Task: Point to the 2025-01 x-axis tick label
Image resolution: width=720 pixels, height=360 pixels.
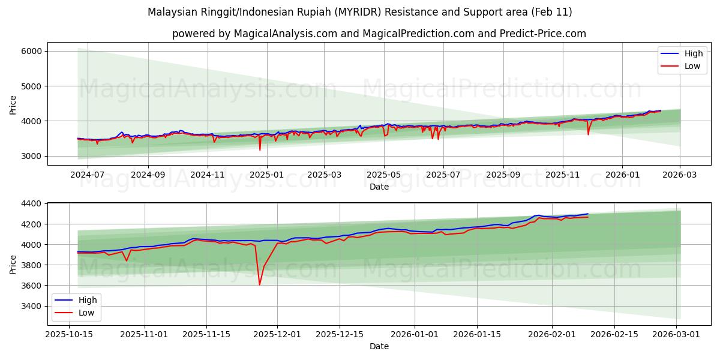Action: (x=266, y=175)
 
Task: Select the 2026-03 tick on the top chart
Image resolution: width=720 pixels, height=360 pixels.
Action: (x=680, y=175)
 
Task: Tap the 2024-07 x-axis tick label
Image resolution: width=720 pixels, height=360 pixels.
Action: (x=88, y=175)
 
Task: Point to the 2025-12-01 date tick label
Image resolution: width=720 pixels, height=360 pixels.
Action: (x=277, y=334)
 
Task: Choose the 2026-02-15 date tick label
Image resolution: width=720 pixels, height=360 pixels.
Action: (x=615, y=334)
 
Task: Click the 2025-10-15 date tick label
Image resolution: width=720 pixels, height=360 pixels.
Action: (x=69, y=334)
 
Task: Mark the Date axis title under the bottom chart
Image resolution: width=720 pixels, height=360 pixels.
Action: (x=379, y=346)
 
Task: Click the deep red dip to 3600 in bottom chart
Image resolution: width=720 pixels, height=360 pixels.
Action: (x=259, y=284)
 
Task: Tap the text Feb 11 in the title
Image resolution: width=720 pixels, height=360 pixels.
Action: (x=553, y=12)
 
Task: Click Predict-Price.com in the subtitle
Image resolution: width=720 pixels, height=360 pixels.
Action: (x=545, y=34)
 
